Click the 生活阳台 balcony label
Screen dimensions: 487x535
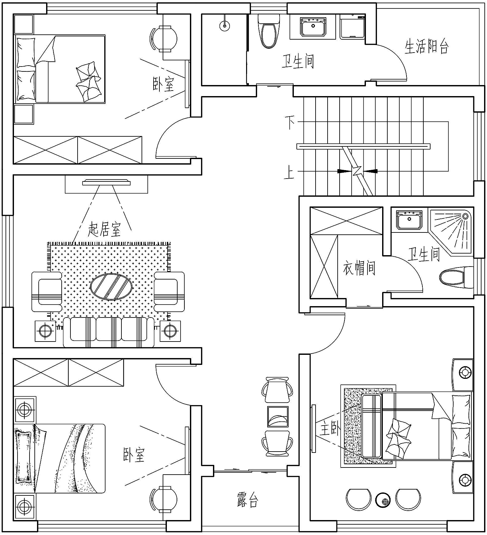(x=427, y=46)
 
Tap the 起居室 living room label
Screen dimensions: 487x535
(x=105, y=229)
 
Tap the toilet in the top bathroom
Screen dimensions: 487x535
(x=268, y=31)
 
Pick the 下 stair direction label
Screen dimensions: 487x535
(x=290, y=122)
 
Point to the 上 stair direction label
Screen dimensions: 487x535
(x=289, y=172)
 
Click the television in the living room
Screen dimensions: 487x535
(x=106, y=183)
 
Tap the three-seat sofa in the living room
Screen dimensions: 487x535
(x=109, y=332)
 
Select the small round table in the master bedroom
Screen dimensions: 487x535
(x=383, y=500)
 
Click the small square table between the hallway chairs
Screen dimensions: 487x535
(x=278, y=417)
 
